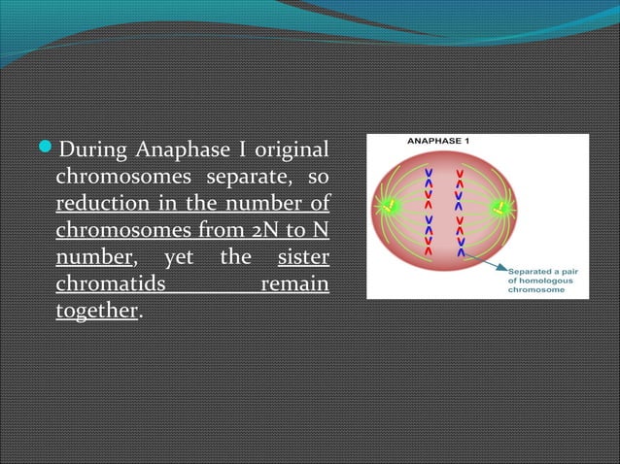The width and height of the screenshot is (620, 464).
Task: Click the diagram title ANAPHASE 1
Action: point(436,141)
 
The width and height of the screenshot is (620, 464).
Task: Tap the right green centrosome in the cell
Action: point(502,207)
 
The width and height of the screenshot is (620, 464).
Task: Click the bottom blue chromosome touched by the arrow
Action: point(459,251)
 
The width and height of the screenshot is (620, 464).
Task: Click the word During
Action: point(92,150)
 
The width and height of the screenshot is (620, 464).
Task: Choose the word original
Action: point(288,150)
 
